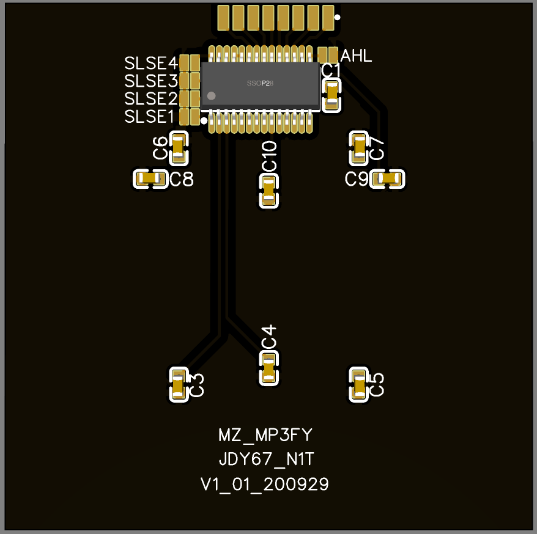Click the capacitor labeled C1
331,94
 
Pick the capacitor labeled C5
359,385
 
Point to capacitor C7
359,148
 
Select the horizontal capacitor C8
150,179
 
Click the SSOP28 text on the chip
260,82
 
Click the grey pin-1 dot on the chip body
212,96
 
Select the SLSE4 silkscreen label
151,63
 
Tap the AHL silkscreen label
356,56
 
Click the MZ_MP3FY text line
265,435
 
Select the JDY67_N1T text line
265,459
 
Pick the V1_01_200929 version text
265,485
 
